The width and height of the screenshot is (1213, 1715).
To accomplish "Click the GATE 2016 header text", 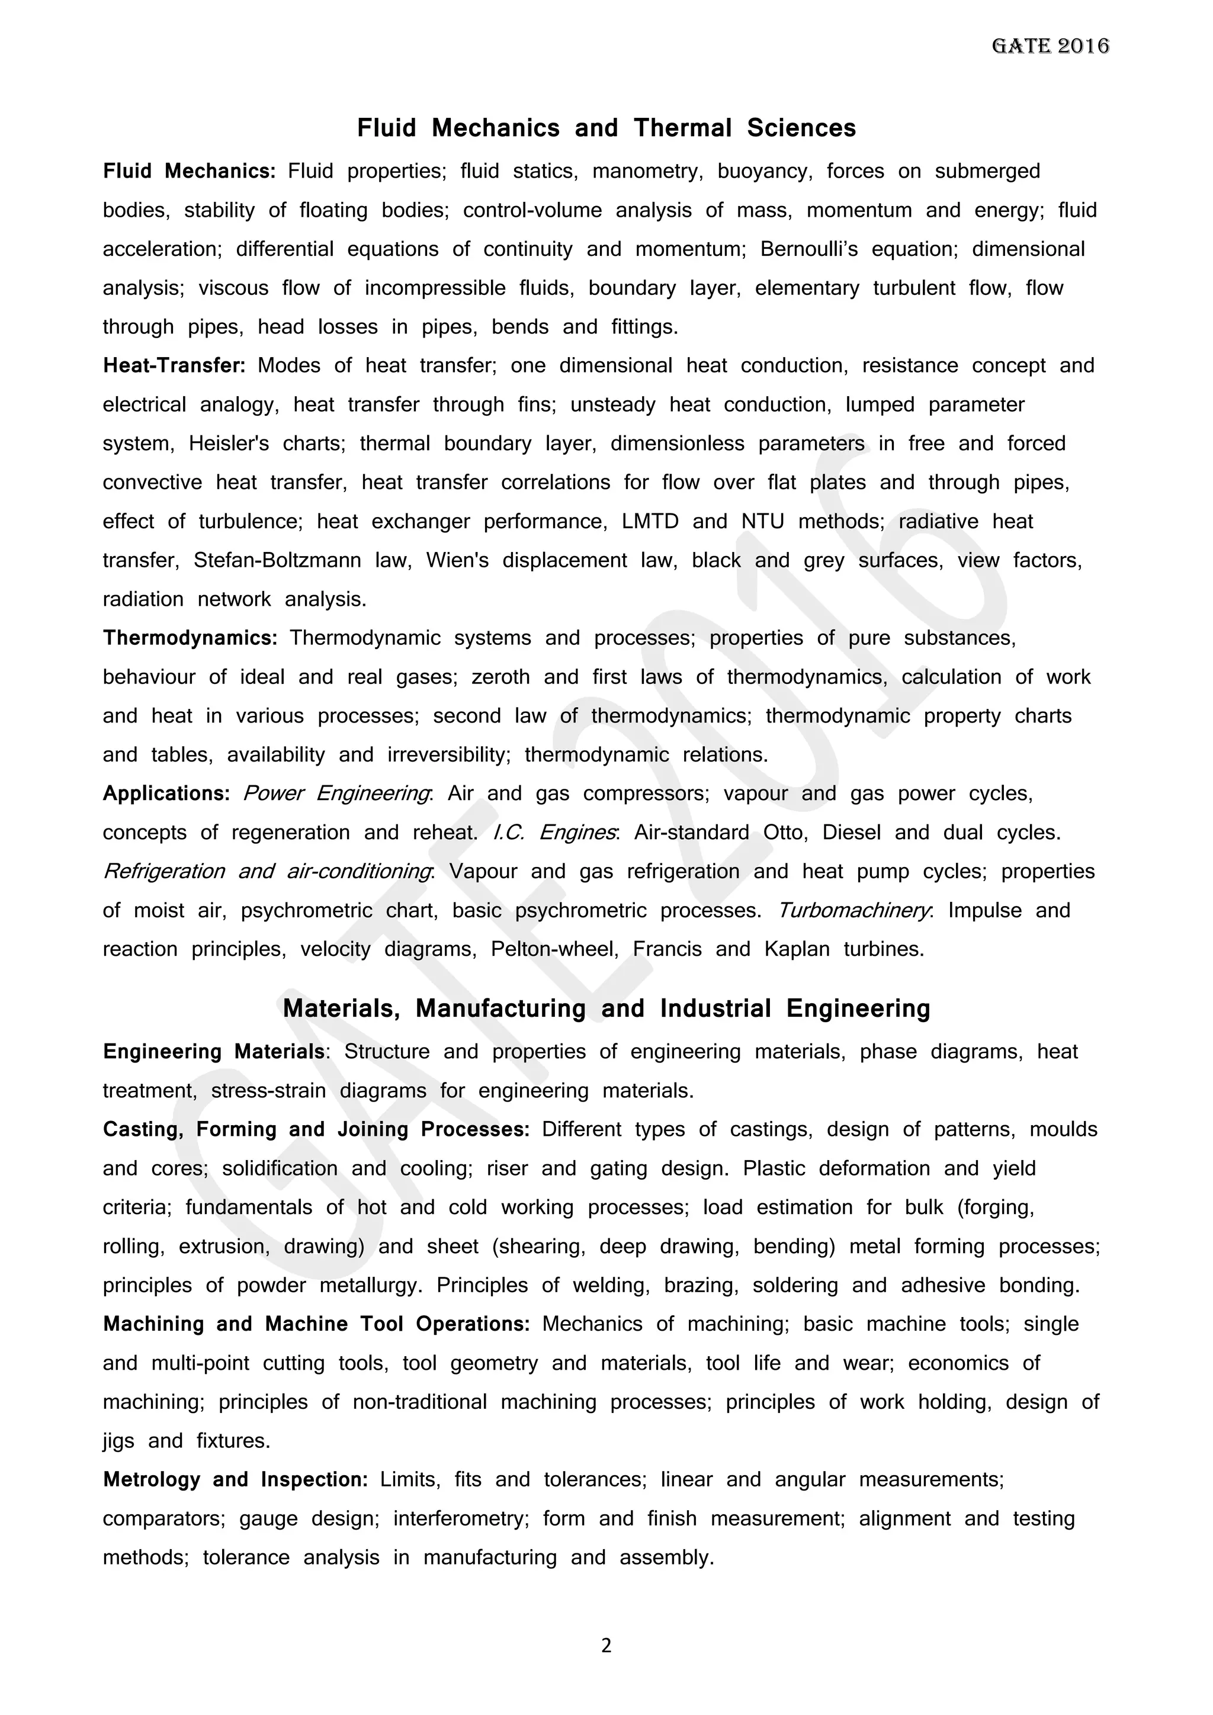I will coord(1050,46).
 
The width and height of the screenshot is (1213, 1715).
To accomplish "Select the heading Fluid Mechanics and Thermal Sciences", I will coord(606,128).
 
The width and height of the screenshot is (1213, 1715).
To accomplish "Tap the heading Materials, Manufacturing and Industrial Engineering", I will coord(606,1009).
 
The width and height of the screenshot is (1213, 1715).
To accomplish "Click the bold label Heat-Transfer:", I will coord(174,365).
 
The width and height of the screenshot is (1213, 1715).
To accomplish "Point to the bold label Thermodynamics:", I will coord(190,638).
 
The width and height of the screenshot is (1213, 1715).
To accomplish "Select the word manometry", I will coord(647,171).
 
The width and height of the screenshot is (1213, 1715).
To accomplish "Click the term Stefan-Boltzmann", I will coord(277,560).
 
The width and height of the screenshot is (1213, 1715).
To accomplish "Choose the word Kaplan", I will coord(796,949).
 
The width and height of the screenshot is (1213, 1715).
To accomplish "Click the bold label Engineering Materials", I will coord(214,1052).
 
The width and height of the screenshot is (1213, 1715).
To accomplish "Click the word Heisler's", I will coord(229,444).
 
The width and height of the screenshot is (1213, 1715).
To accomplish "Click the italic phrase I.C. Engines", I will coord(554,832).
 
